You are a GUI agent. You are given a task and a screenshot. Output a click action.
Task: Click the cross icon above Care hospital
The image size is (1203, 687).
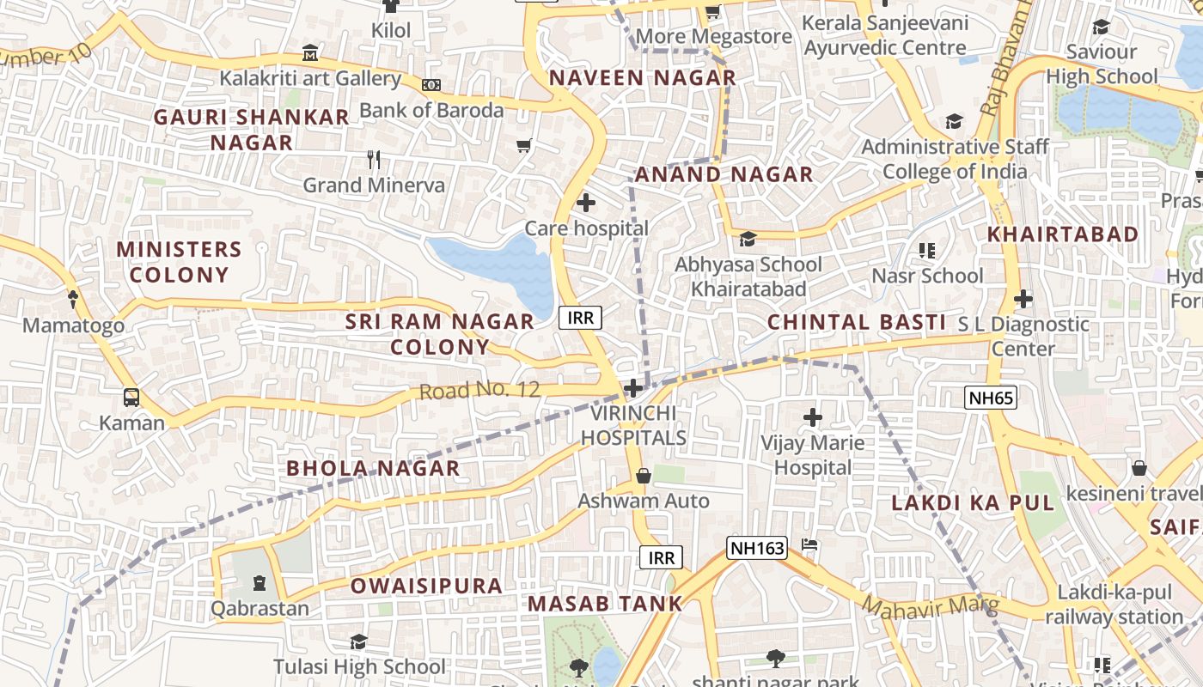585,204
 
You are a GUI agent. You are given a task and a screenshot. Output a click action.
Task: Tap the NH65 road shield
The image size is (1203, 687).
991,397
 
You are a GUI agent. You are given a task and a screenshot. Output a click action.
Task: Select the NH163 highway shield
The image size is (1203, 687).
756,548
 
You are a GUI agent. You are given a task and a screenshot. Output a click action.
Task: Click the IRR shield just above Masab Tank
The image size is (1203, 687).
661,558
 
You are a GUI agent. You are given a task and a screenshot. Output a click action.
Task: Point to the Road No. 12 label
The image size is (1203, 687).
479,391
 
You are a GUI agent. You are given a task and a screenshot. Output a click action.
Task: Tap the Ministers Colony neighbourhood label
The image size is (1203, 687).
179,262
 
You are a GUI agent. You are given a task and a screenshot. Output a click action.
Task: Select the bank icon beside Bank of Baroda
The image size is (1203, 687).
431,84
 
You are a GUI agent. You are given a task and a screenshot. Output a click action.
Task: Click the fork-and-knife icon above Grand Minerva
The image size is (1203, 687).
374,159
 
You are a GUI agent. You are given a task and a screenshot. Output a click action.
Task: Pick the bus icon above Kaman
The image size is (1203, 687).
131,398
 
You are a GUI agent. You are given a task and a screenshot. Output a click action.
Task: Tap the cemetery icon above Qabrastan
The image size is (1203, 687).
260,584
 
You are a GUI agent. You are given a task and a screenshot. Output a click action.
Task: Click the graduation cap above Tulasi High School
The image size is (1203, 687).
358,641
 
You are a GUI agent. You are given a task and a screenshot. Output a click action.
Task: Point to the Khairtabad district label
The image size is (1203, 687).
1062,234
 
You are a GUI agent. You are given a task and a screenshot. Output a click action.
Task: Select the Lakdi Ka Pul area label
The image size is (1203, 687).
972,503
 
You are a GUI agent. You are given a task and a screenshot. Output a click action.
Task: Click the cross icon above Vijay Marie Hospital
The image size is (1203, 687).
812,418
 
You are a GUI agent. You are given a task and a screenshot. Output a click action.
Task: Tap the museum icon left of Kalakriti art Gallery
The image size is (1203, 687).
310,53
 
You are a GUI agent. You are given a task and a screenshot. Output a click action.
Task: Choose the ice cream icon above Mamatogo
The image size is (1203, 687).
73,300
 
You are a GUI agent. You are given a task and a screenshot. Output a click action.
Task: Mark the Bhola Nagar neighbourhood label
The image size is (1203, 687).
373,468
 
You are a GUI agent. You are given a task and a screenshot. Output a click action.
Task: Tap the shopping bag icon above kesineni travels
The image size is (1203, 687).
1139,468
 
